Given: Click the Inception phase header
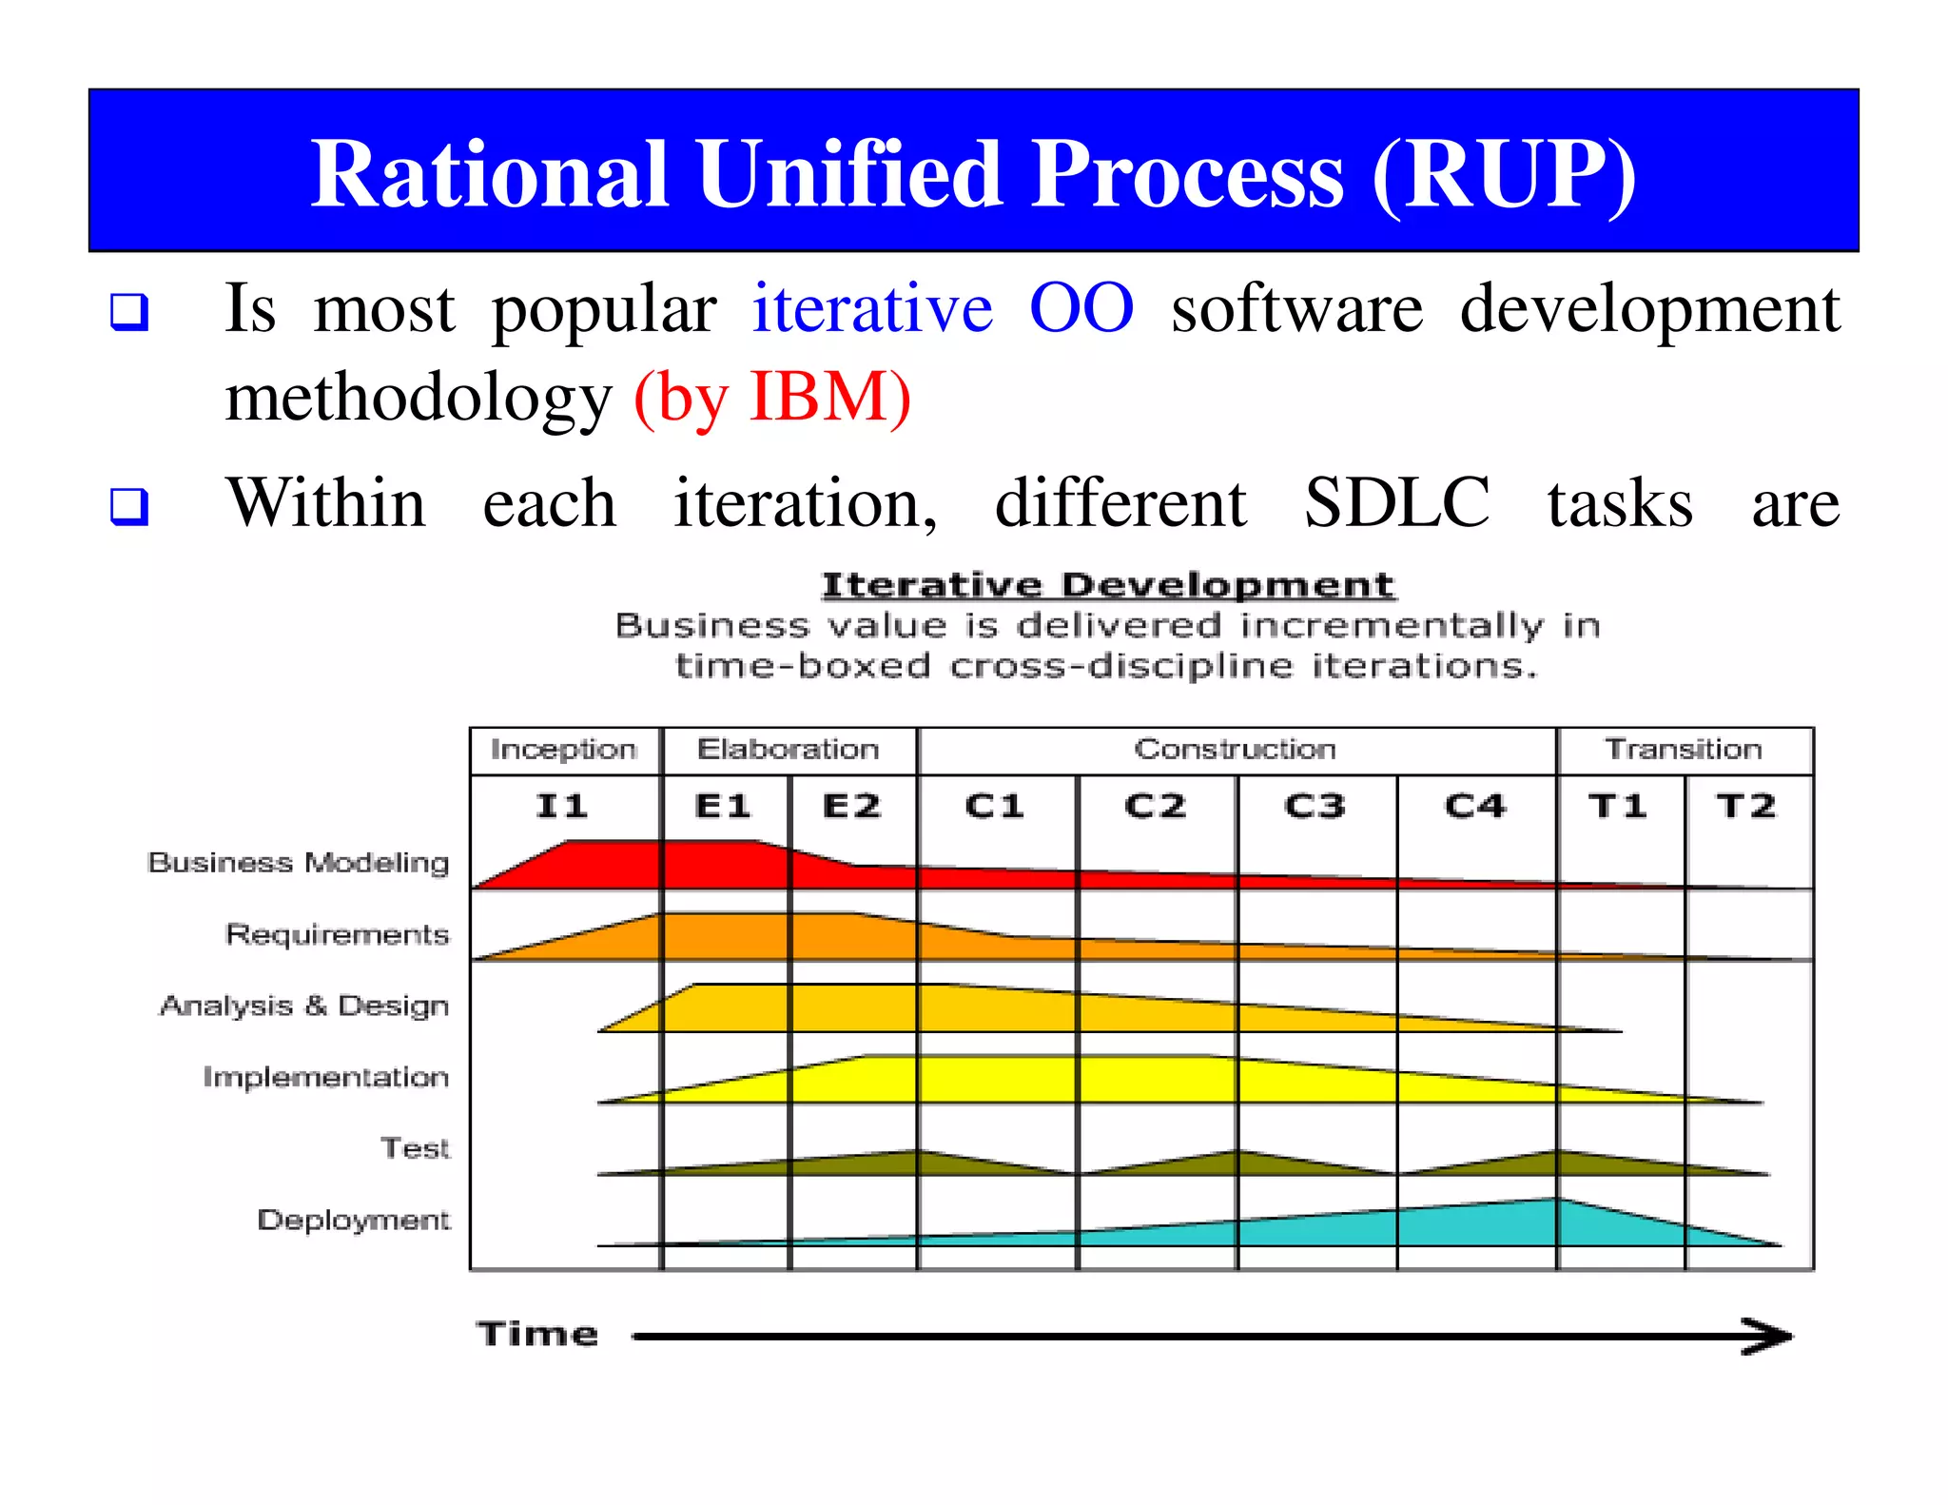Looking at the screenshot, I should tap(564, 750).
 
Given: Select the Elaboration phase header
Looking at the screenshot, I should tap(788, 750).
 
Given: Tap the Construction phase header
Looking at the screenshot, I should tap(1235, 750).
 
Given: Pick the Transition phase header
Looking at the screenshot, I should tap(1684, 750).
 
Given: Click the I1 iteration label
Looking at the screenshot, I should tap(562, 807).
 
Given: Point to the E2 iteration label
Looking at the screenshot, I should tap(851, 807).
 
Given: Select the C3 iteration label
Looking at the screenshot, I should tap(1315, 807).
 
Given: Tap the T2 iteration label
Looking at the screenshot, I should tap(1746, 807).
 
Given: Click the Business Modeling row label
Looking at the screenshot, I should tap(299, 863).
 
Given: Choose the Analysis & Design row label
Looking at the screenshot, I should tap(304, 1006).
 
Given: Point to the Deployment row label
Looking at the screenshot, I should tap(353, 1220).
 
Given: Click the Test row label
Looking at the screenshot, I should tap(415, 1148).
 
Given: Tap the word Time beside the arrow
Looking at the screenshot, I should tap(537, 1334).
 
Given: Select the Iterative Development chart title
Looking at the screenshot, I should tap(1108, 584).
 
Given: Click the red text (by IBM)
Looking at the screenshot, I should tap(772, 398).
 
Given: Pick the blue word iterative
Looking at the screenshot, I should tap(872, 309).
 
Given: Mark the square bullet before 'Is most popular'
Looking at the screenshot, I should tap(129, 311).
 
